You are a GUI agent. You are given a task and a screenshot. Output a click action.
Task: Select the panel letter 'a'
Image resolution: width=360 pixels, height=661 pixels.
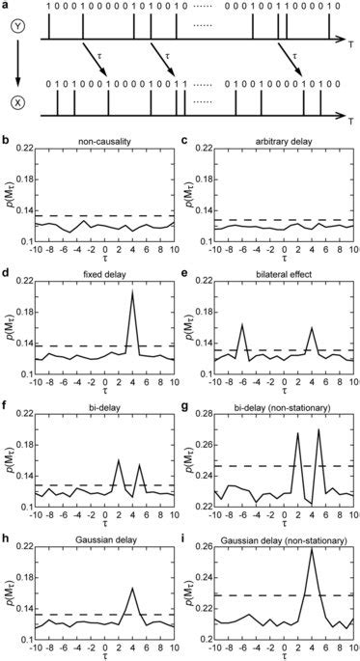pyautogui.click(x=6, y=6)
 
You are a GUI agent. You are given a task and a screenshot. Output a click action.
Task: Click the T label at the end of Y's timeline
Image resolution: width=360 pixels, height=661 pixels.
pyautogui.click(x=349, y=43)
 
